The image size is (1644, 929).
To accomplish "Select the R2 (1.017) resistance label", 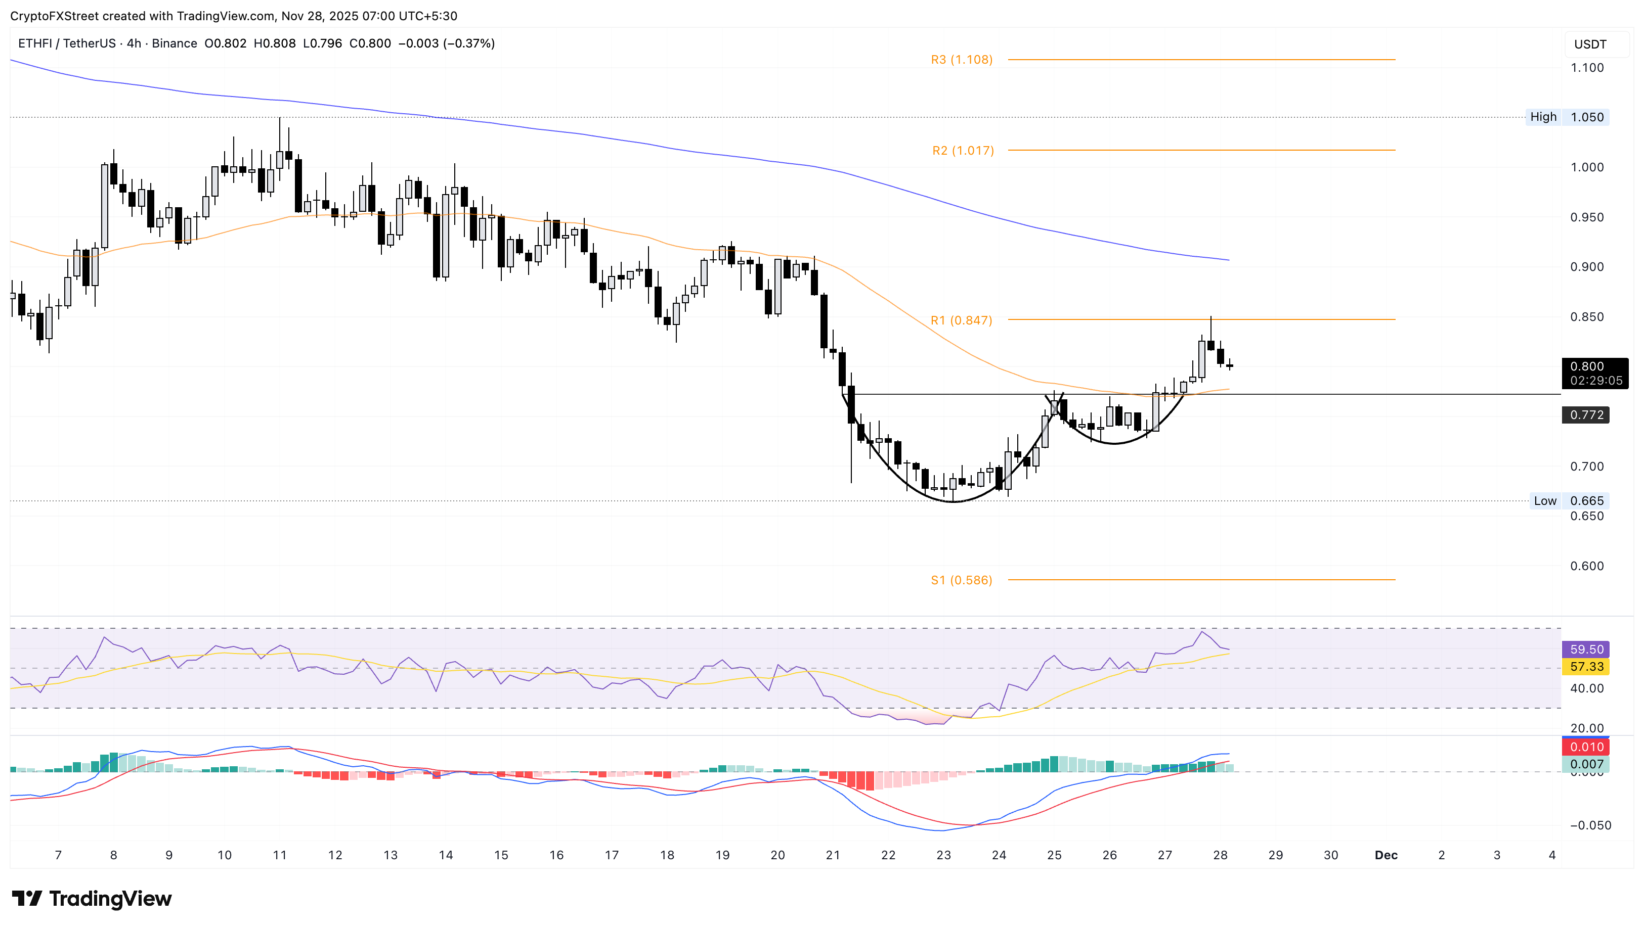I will (x=962, y=151).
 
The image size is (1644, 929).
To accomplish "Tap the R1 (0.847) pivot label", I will (x=961, y=320).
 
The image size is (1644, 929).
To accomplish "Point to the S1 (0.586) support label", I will (x=961, y=580).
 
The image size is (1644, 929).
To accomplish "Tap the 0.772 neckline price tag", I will (x=1586, y=415).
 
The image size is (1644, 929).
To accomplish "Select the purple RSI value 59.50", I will (x=1586, y=649).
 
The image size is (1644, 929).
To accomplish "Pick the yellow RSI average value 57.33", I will (x=1586, y=667).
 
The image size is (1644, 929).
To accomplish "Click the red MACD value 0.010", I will (x=1586, y=747).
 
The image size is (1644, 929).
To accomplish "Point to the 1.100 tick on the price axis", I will (x=1586, y=68).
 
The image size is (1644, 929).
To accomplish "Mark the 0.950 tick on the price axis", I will (x=1586, y=217).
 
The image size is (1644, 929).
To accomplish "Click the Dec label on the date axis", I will (x=1386, y=855).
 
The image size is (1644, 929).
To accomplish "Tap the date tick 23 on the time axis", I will (x=943, y=855).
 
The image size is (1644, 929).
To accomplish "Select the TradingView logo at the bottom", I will (x=92, y=899).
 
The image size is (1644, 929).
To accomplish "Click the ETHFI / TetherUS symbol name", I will (x=67, y=43).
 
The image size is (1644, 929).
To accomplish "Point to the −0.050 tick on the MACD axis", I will (x=1586, y=825).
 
